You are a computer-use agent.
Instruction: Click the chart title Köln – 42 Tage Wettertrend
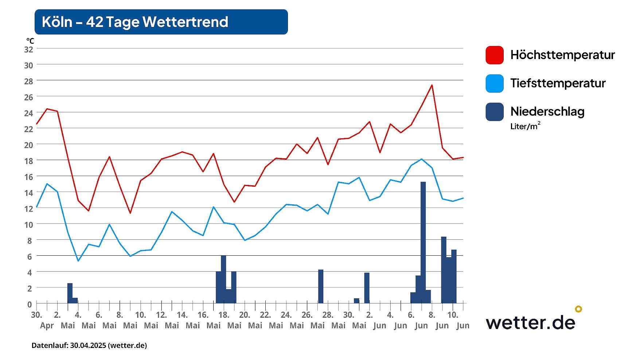tap(135, 22)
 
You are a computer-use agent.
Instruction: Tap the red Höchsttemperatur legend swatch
tap(494, 55)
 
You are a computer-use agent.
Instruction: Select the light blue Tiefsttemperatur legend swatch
tap(494, 84)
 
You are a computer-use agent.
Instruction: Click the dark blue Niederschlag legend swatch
tap(494, 112)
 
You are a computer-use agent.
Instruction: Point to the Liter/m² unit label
tap(525, 126)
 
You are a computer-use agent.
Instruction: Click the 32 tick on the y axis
tap(28, 50)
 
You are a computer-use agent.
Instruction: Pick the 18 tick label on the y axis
tap(28, 161)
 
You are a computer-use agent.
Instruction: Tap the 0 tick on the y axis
tap(30, 304)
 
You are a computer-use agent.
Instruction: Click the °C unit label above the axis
tap(30, 41)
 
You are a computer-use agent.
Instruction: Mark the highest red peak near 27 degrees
tap(432, 85)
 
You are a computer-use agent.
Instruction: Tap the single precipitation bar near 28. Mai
tap(321, 286)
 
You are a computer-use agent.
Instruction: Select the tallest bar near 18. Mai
tap(223, 279)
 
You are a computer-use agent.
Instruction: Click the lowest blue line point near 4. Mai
tap(78, 260)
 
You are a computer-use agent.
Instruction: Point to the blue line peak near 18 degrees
tap(422, 159)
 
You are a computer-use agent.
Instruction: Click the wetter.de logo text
tap(530, 322)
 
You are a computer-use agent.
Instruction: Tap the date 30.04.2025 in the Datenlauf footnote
tap(88, 345)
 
